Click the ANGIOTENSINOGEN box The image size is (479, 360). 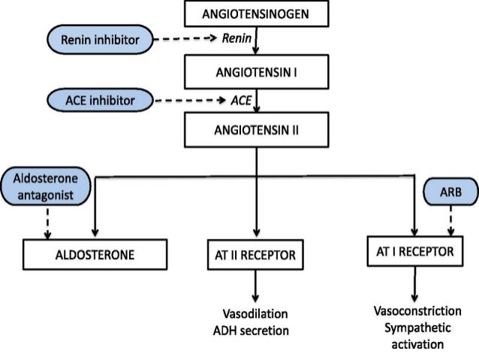pos(257,14)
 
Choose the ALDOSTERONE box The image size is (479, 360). pos(95,255)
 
